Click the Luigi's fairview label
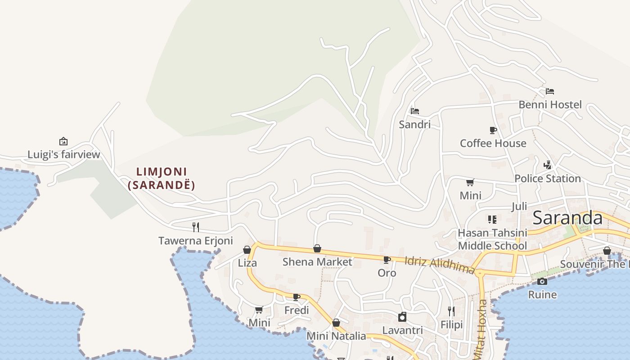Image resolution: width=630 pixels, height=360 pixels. click(63, 155)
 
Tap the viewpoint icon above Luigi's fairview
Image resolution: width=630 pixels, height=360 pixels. click(63, 141)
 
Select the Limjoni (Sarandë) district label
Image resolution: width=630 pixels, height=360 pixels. click(162, 178)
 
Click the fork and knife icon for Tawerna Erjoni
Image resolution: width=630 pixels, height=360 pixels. click(196, 227)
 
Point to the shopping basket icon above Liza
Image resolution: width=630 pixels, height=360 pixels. click(247, 249)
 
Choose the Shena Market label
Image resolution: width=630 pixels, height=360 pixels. click(317, 261)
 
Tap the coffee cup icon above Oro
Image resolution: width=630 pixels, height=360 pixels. click(387, 260)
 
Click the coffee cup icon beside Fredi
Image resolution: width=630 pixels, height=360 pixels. click(296, 297)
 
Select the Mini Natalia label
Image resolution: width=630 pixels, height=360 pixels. click(336, 336)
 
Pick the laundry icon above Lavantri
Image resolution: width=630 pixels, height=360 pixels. click(402, 317)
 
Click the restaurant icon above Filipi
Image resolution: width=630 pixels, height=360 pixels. click(451, 311)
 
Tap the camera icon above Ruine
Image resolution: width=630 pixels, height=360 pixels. click(542, 281)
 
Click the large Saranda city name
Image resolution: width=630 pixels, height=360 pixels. click(567, 218)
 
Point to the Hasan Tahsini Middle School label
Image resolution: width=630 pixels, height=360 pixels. click(492, 239)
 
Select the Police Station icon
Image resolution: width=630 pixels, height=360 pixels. click(547, 165)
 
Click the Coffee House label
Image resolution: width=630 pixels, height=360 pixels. click(493, 143)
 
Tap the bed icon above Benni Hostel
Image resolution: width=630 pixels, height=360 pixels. click(550, 91)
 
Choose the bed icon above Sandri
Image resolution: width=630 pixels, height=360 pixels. click(414, 111)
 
